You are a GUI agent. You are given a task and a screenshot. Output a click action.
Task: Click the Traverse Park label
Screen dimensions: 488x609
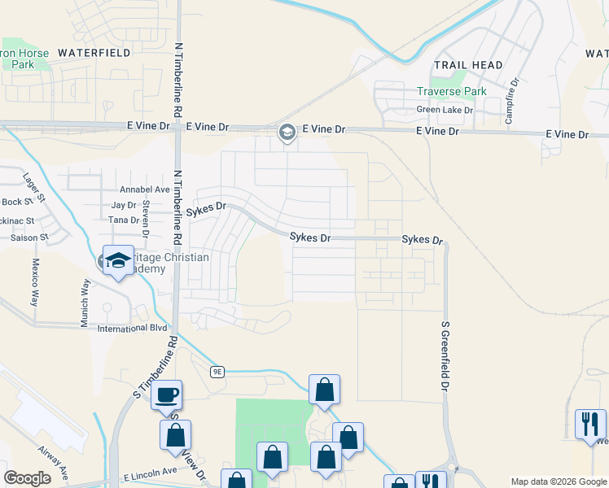[x=452, y=91]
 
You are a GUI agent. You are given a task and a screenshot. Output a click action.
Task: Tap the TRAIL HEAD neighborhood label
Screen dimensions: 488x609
[x=467, y=64]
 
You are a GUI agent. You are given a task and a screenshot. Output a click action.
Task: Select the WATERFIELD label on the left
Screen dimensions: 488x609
[x=94, y=52]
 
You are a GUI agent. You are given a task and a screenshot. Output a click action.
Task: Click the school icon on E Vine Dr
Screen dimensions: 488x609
[x=287, y=132]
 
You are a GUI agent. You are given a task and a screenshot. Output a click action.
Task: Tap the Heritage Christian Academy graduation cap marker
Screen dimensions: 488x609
[x=118, y=261]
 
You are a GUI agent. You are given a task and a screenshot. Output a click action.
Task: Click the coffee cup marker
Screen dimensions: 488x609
[x=167, y=396]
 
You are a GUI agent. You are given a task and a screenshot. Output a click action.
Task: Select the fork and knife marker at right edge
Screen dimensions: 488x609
[x=590, y=424]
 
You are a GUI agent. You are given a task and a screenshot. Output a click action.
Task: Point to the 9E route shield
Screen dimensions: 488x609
[x=217, y=372]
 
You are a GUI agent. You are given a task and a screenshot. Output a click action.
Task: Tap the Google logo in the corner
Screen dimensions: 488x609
[x=27, y=478]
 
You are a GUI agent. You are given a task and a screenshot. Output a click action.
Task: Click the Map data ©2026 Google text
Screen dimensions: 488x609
[x=559, y=481]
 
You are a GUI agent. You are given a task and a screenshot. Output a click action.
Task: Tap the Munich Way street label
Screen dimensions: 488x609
[x=84, y=302]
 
